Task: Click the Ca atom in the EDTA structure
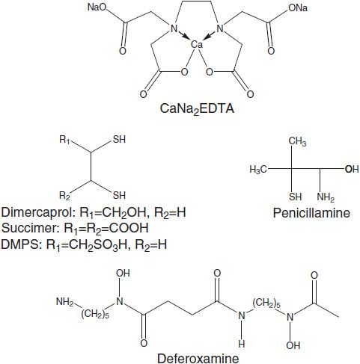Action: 197,45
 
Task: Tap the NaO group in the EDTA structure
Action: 97,7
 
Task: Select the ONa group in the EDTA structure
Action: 298,8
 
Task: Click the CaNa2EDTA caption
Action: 197,109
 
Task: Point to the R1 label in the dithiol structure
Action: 64,140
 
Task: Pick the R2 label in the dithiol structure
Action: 64,196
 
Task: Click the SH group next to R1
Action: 119,139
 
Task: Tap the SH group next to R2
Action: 119,195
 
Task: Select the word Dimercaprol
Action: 38,212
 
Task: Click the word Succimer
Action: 31,228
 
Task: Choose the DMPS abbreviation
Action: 20,244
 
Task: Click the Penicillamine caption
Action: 311,213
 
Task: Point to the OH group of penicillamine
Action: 352,169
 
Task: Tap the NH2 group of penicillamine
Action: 326,197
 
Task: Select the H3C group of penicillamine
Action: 258,170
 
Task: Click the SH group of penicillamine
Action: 296,197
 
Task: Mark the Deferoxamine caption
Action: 198,358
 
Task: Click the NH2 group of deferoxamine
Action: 65,302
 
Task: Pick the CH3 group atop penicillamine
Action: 297,141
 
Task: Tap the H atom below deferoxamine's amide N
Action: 242,344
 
